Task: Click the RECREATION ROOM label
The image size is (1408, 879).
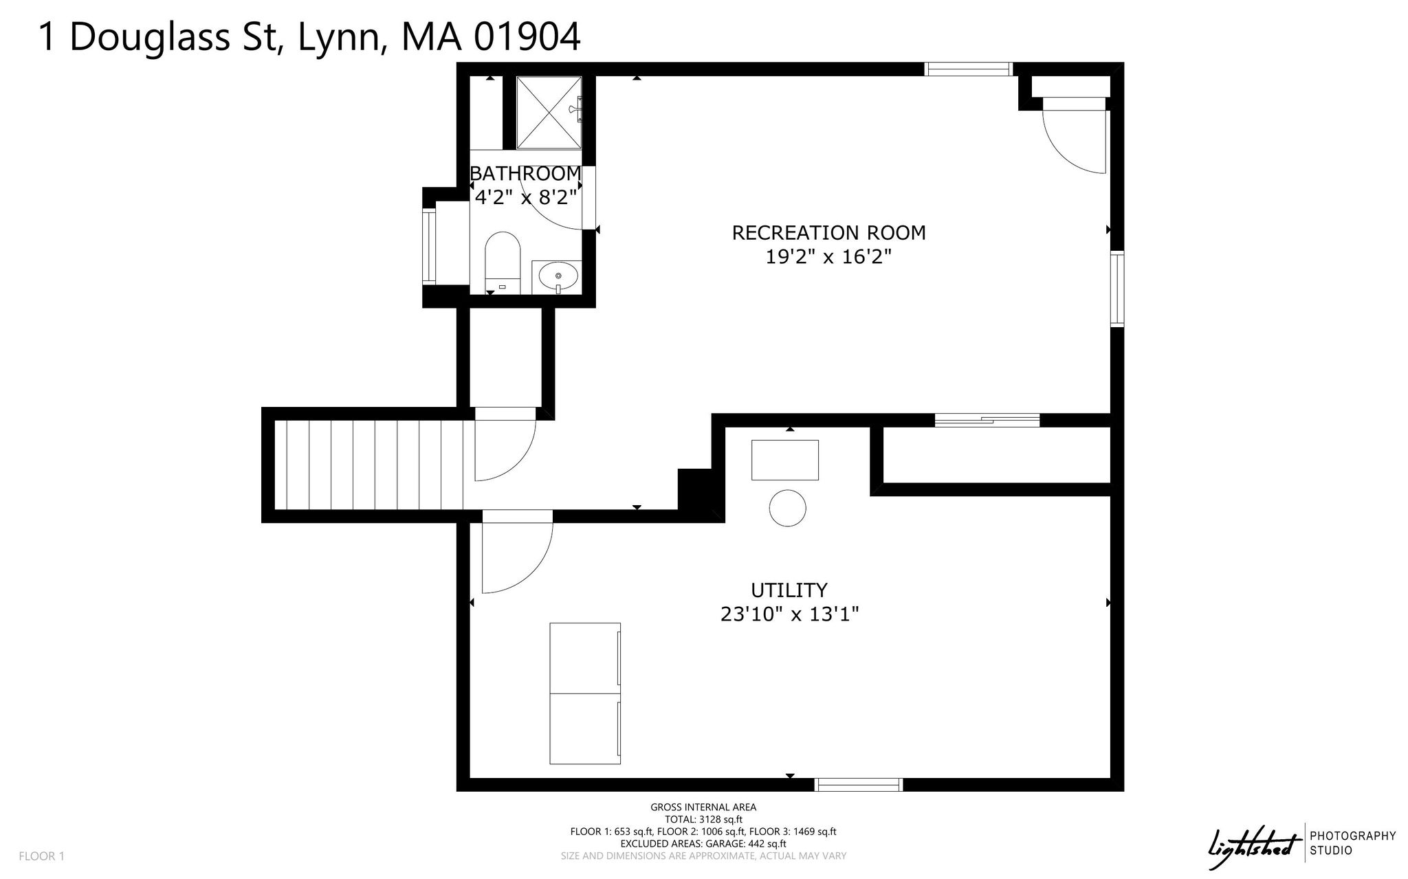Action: [x=828, y=233]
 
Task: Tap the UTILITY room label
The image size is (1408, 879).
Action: [x=789, y=590]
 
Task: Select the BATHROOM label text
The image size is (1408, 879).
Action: [x=525, y=173]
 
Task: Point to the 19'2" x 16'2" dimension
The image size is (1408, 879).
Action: [x=828, y=257]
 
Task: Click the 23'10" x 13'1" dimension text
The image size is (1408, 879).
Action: [x=789, y=614]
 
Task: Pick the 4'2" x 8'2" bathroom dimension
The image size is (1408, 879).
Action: [x=525, y=197]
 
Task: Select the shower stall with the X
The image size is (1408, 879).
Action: [x=549, y=113]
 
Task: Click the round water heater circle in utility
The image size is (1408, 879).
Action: [x=787, y=509]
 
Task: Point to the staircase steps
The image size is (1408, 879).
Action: [x=369, y=465]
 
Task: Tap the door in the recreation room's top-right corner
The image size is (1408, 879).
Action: [x=1074, y=135]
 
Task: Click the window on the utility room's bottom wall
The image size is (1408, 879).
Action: [x=858, y=785]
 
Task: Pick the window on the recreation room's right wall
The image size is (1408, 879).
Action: [x=1117, y=289]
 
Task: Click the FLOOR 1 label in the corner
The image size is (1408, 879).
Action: [x=41, y=856]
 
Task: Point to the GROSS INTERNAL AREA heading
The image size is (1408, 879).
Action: [x=703, y=808]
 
